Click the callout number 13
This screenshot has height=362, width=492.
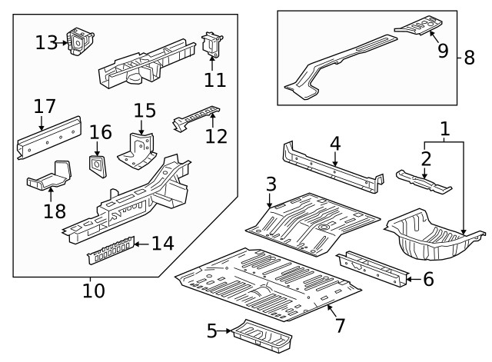click(x=45, y=42)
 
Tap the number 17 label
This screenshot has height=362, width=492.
click(x=45, y=105)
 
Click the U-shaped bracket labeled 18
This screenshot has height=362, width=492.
click(x=51, y=176)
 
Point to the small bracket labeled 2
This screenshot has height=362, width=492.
click(x=424, y=181)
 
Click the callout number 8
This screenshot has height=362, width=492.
click(x=468, y=57)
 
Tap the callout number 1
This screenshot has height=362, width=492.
click(x=444, y=128)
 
